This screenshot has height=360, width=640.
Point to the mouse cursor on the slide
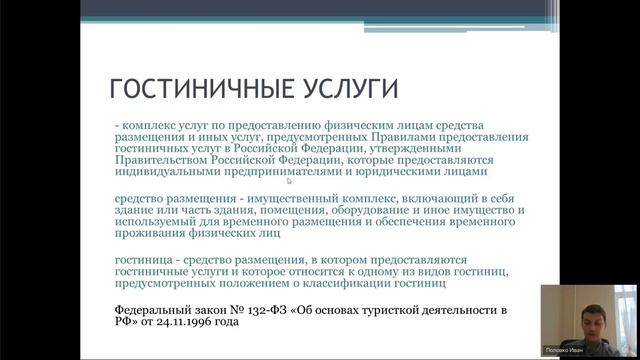point(289,181)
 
